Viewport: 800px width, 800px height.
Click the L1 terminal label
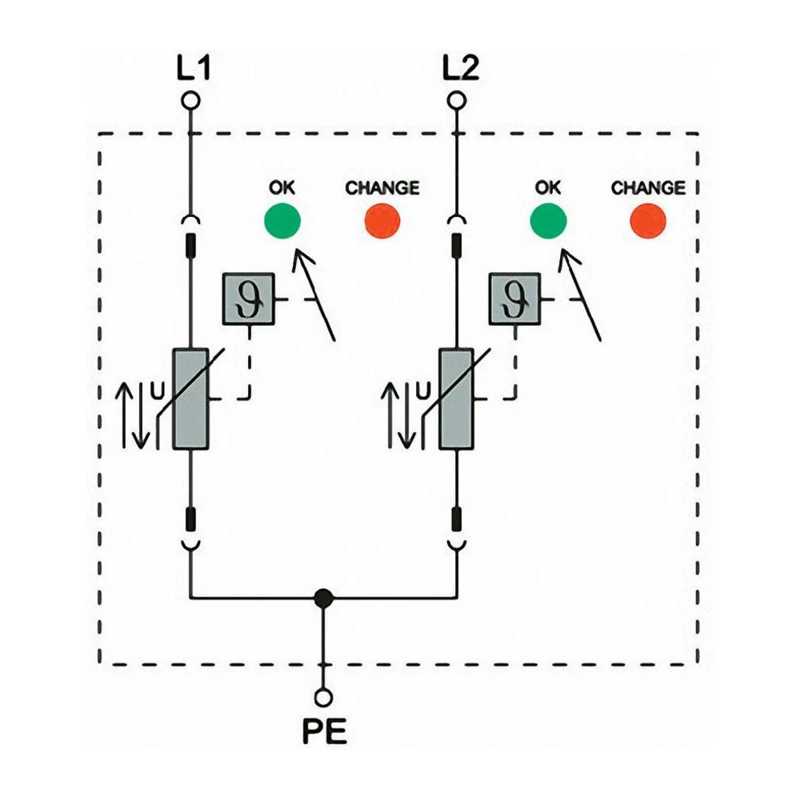tap(192, 70)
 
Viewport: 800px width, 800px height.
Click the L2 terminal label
tap(459, 70)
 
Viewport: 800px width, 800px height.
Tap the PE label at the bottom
tap(324, 732)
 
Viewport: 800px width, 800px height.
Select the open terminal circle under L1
tap(190, 101)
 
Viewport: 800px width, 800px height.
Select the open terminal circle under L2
tap(457, 101)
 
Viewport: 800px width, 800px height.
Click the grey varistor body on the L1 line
tap(190, 399)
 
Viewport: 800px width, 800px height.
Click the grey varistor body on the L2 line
tap(457, 399)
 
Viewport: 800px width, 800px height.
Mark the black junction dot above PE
tap(323, 597)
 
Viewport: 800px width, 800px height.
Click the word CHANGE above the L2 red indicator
tap(648, 188)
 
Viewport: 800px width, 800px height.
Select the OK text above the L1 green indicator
tap(282, 188)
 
